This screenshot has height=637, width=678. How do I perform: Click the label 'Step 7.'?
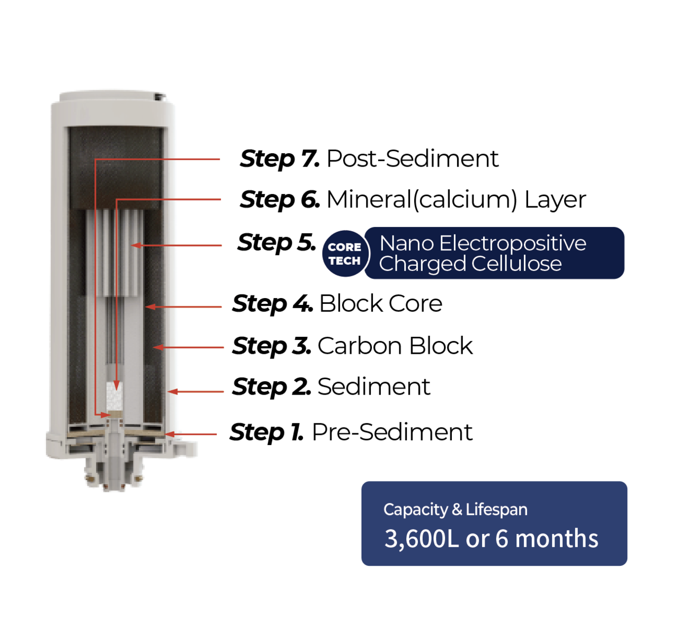(280, 159)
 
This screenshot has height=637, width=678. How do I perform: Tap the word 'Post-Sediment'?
(413, 159)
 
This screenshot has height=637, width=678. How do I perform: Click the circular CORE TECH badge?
(345, 254)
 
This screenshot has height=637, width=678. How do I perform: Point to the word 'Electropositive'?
(512, 243)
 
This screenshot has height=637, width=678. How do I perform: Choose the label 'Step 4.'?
(272, 304)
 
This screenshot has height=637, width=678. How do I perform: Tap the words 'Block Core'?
(381, 303)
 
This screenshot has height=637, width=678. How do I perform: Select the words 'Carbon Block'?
(395, 346)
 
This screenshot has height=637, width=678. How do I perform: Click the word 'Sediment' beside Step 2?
(374, 387)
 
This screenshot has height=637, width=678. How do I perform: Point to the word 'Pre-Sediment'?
(392, 432)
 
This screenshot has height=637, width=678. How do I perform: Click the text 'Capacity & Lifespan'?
(456, 510)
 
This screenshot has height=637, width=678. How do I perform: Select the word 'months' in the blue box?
(557, 538)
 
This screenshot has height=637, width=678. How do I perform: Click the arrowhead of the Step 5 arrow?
(137, 246)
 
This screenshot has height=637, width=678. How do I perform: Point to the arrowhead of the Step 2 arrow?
(173, 392)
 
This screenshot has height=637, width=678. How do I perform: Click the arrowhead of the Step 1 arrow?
(169, 434)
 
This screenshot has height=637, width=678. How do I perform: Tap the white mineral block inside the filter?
(115, 397)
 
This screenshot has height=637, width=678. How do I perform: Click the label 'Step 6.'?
(280, 200)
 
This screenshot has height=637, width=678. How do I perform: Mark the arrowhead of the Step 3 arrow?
(158, 347)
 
